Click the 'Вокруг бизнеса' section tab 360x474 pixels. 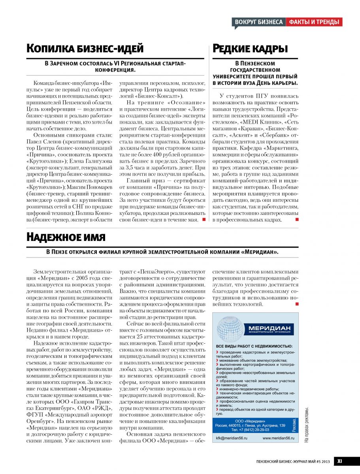tap(259, 22)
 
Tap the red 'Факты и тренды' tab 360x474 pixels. tap(314, 22)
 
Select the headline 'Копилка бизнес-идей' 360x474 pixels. tap(85, 49)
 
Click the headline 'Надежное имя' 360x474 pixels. tap(66, 237)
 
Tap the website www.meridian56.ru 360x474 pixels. tap(279, 438)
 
